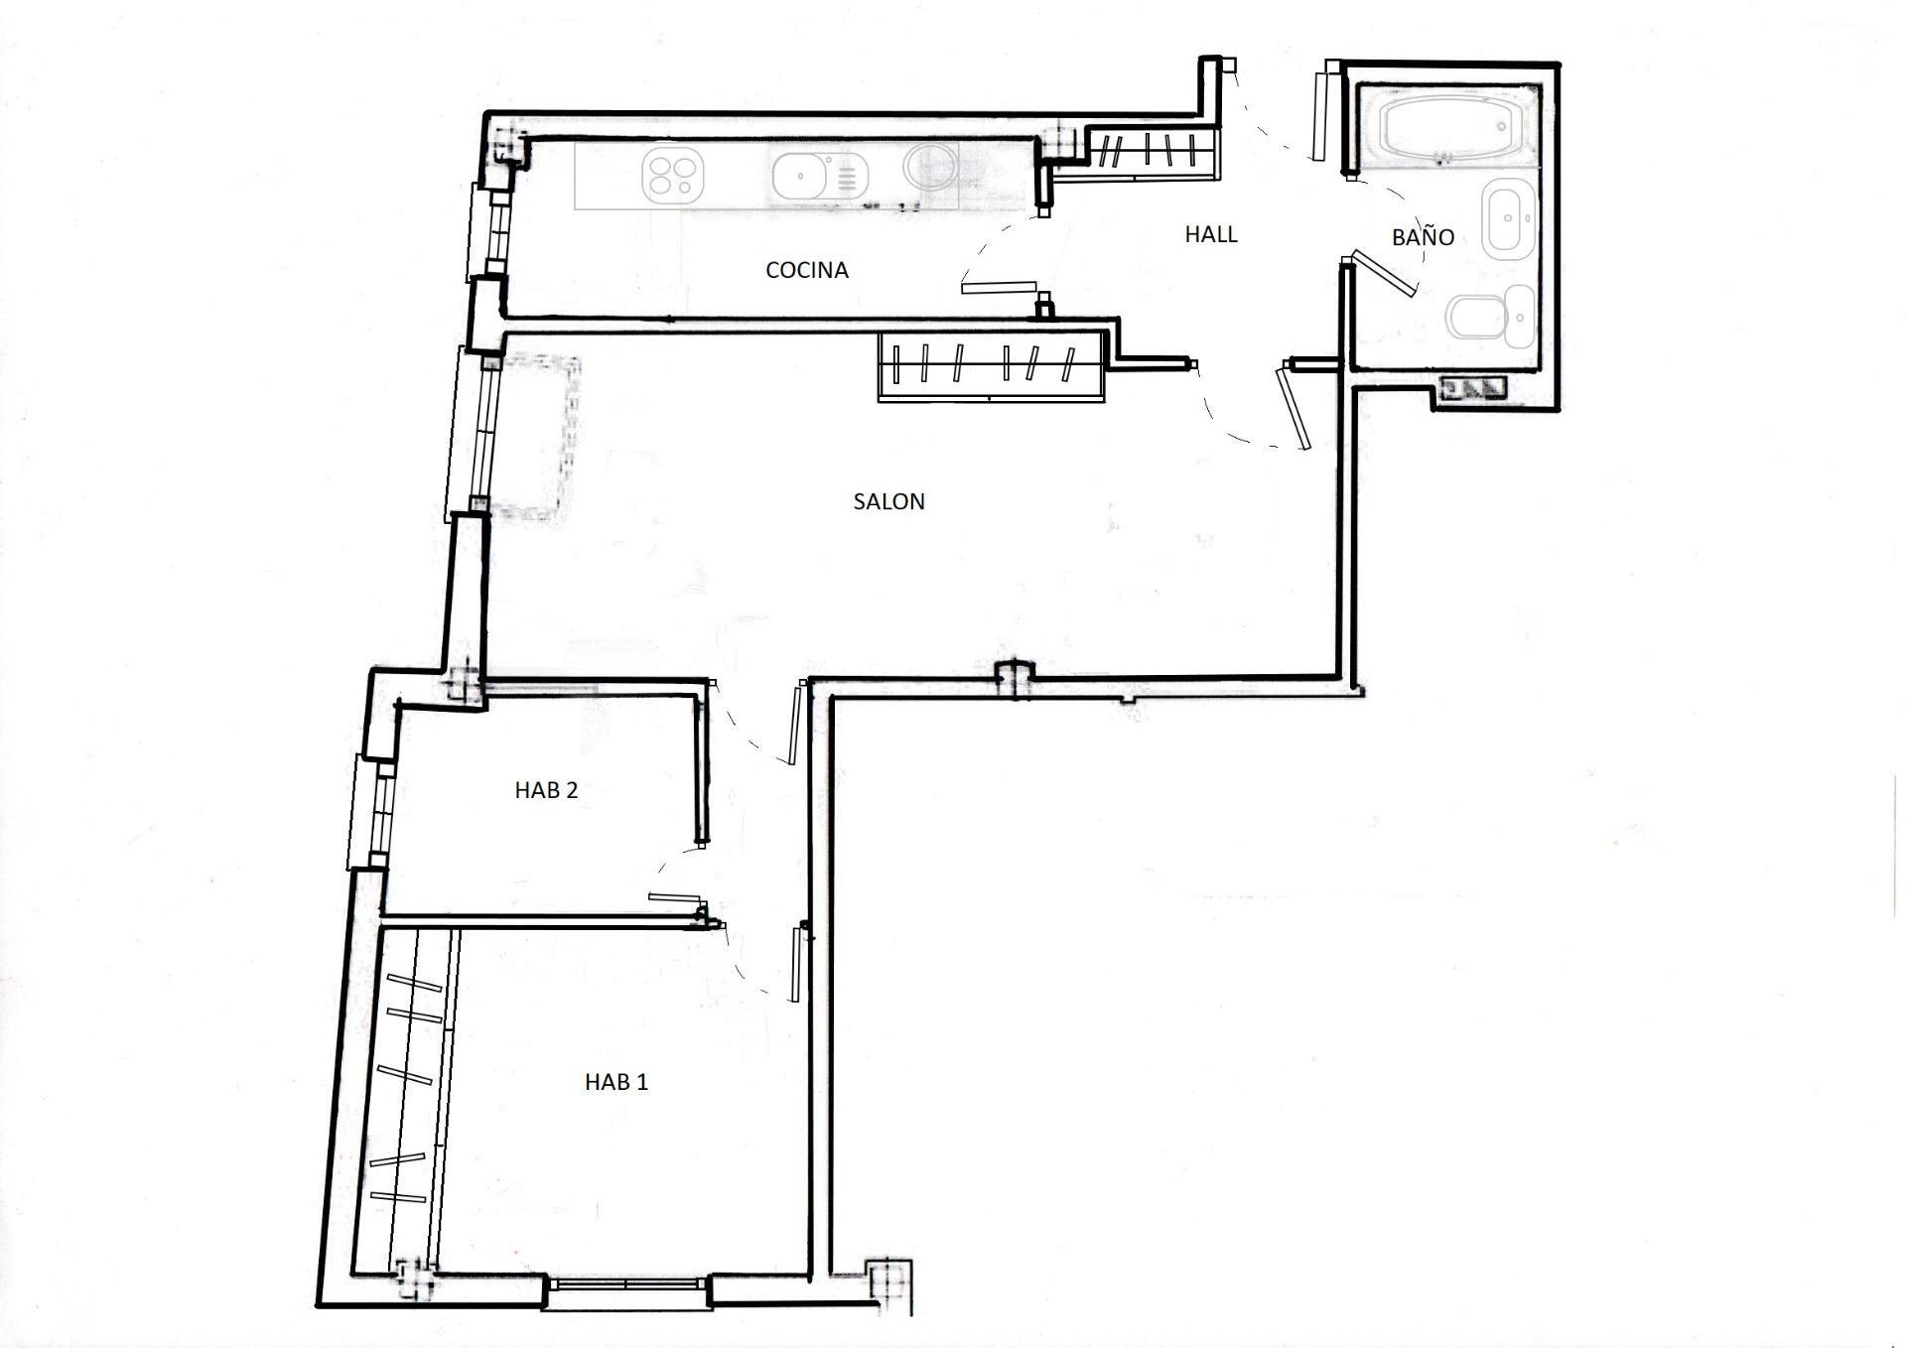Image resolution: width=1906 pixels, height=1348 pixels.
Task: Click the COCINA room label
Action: (x=806, y=270)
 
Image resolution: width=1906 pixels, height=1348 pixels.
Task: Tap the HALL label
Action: (x=1211, y=234)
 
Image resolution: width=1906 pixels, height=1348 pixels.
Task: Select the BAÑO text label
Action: (x=1423, y=236)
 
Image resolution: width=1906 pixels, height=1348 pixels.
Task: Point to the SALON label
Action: (x=888, y=501)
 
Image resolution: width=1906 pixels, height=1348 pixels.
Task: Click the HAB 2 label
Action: (x=546, y=790)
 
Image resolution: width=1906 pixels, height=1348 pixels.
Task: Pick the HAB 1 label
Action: (x=616, y=1082)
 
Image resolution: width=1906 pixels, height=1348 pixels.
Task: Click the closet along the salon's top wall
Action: (x=992, y=366)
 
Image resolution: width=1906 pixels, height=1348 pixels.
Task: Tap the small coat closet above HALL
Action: (x=1152, y=151)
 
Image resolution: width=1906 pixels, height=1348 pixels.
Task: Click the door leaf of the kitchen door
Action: (x=999, y=287)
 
